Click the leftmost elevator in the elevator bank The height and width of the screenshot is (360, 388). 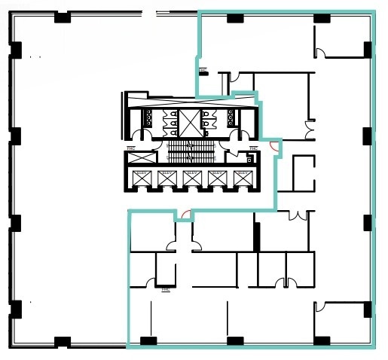pos(141,178)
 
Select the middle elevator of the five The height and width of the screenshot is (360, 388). pos(191,178)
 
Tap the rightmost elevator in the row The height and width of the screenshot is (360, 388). pos(242,178)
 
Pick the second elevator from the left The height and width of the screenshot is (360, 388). pos(166,178)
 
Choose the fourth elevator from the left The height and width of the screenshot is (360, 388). pos(217,178)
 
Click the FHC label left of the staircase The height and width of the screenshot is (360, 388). pos(131,148)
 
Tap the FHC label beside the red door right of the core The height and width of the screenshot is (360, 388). pos(253,148)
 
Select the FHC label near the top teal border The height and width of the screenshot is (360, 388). pos(203,72)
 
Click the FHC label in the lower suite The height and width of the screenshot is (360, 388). pos(166,288)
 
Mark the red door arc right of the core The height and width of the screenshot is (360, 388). pos(275,148)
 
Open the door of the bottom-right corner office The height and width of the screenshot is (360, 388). pos(319,307)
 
